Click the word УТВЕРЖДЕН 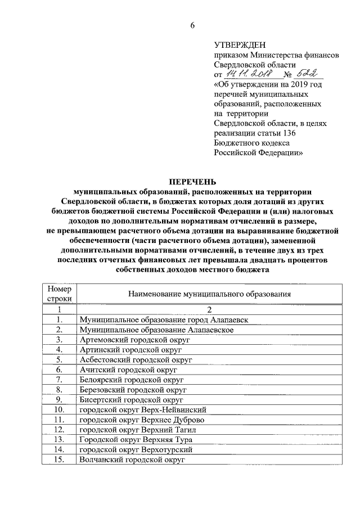pos(240,46)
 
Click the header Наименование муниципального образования pos(209,294)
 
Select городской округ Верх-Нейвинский pos(143,409)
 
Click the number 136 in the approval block pos(286,133)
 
